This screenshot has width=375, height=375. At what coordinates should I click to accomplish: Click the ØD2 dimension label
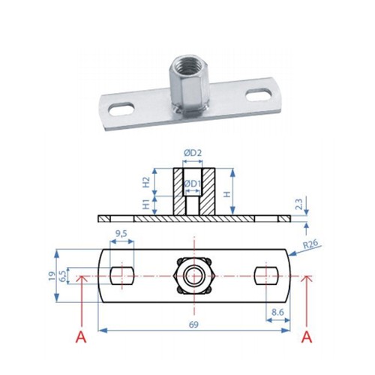click(193, 153)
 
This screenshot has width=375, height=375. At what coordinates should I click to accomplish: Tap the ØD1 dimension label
click(193, 184)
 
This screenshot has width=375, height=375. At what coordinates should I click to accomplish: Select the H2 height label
click(146, 182)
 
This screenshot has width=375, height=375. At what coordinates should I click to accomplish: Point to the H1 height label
click(146, 204)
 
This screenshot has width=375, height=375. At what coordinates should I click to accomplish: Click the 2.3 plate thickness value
click(299, 204)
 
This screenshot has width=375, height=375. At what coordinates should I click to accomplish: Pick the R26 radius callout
click(310, 244)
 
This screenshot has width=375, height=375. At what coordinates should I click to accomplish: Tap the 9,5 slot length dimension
click(121, 233)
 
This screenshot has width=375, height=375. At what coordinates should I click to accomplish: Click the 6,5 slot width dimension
click(63, 276)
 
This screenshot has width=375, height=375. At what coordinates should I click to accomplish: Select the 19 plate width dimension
click(52, 276)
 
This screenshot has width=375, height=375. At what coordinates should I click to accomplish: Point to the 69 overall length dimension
click(193, 325)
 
